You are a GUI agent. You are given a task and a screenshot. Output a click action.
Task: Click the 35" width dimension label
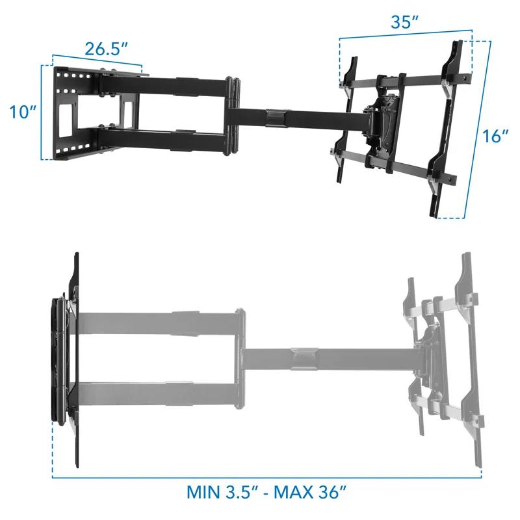(405, 21)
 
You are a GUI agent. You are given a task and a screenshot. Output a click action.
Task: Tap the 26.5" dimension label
(105, 49)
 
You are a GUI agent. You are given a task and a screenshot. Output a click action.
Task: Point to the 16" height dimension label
(496, 136)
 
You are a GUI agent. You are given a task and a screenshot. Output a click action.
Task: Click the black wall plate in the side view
(72, 357)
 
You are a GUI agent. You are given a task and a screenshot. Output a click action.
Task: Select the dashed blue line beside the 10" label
(42, 112)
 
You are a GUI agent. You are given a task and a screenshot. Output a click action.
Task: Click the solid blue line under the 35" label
(405, 34)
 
